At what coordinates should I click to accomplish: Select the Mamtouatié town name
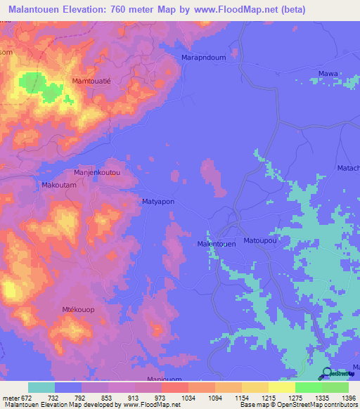(x=97, y=82)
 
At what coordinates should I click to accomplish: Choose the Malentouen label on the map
(x=216, y=244)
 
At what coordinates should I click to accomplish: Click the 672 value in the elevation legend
(x=25, y=399)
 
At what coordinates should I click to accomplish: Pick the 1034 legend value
(x=188, y=399)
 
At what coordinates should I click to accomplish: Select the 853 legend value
(x=108, y=399)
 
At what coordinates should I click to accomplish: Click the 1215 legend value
(x=269, y=399)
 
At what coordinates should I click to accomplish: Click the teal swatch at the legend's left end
(x=41, y=388)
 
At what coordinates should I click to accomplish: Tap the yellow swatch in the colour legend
(x=282, y=388)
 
